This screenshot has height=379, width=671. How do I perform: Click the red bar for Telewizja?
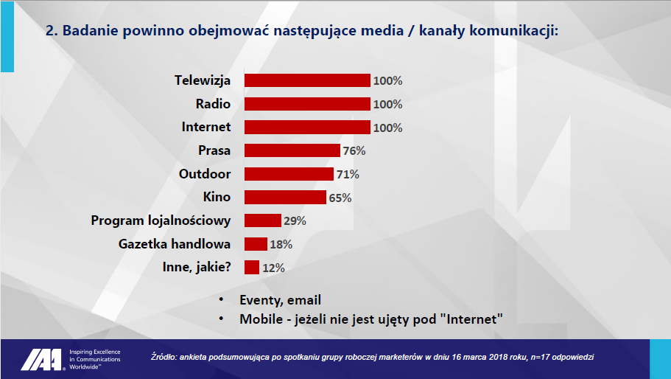pos(307,80)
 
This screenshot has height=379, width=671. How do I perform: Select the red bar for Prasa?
pos(292,150)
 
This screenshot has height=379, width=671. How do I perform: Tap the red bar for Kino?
pos(286,198)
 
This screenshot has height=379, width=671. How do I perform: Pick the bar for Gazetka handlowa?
pos(256,244)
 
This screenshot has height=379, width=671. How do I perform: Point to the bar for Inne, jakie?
pos(252,267)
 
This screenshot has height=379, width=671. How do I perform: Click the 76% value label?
pos(354,150)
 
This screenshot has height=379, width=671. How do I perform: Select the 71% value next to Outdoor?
pos(348,174)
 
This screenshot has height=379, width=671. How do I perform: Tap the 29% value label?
pos(295,221)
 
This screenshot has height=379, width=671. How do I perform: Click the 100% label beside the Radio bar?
pos(387,104)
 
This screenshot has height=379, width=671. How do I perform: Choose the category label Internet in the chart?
pos(205,127)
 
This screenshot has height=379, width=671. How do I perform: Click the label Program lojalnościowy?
pos(161,220)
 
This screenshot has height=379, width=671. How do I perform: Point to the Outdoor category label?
pos(205,174)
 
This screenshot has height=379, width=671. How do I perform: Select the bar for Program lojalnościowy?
pos(263,220)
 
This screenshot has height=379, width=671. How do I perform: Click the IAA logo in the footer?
pos(43,360)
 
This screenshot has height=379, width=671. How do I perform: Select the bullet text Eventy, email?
pos(281,300)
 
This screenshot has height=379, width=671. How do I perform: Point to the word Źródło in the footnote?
pos(164,357)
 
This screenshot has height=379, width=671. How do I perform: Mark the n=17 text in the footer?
pos(540,357)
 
